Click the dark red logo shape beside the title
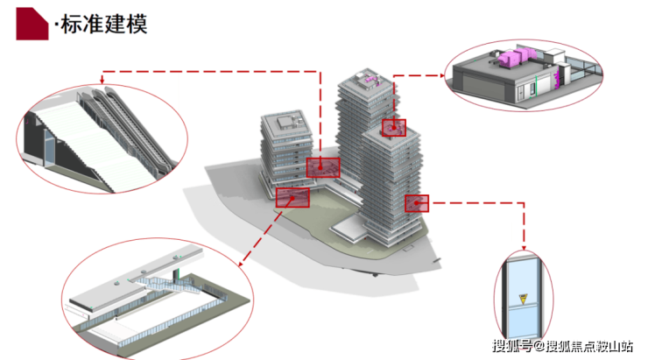(x=32, y=24)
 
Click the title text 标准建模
(x=104, y=24)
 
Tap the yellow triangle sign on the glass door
(x=523, y=299)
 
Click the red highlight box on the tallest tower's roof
(x=393, y=128)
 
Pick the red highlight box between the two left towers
(x=323, y=167)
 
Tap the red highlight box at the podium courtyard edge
(x=292, y=198)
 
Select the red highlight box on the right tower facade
(x=417, y=203)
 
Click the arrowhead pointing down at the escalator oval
(x=102, y=81)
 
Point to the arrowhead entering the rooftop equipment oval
(x=442, y=75)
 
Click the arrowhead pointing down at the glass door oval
(x=524, y=248)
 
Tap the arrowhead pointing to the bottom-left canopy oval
(x=241, y=264)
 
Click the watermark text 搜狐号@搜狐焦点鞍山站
(x=562, y=345)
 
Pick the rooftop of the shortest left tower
(x=286, y=123)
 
